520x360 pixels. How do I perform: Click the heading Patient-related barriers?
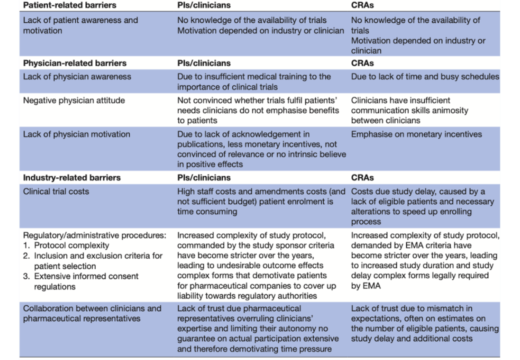pos(69,5)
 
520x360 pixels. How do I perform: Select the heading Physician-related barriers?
pos(74,63)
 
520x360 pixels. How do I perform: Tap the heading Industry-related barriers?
pos(71,177)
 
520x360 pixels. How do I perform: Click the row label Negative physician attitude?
pos(74,100)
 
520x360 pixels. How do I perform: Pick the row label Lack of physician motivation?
pos(76,134)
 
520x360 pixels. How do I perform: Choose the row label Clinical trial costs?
pos(56,191)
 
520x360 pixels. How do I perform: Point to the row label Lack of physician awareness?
pos(77,77)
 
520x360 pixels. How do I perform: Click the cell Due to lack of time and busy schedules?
pos(425,77)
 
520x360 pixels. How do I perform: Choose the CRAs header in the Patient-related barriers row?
pos(362,5)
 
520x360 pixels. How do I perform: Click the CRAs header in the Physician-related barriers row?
pos(362,63)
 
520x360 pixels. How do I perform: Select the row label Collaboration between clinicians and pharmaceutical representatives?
pos(92,313)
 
